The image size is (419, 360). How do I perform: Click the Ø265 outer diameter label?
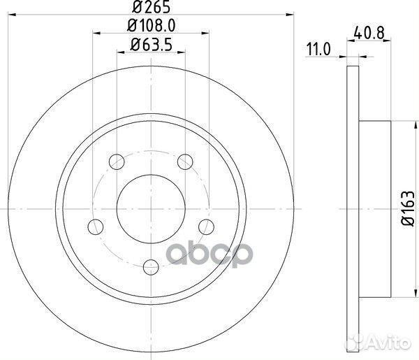tap(151, 8)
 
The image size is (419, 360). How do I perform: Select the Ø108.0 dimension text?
tap(151, 29)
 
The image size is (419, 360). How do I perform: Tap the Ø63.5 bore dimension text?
tap(151, 48)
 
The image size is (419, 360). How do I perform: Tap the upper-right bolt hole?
tap(184, 161)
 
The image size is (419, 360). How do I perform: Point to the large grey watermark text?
tap(209, 258)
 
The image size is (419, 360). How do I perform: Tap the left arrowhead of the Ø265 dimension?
tap(16, 17)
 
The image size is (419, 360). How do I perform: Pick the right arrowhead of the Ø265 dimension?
tap(286, 17)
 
